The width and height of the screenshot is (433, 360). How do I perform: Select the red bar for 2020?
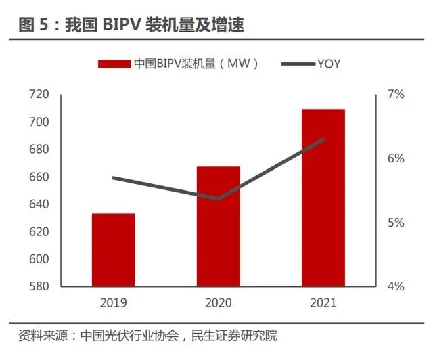pyautogui.click(x=218, y=226)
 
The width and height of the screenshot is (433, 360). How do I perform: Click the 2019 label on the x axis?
pyautogui.click(x=113, y=302)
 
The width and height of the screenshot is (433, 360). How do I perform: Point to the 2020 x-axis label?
pyautogui.click(x=219, y=302)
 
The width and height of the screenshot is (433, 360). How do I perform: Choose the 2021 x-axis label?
pyautogui.click(x=323, y=302)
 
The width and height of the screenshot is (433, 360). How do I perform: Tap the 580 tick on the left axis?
pyautogui.click(x=39, y=286)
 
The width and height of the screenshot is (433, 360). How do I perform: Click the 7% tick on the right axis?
pyautogui.click(x=396, y=95)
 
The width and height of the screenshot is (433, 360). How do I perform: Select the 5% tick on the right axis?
pyautogui.click(x=396, y=223)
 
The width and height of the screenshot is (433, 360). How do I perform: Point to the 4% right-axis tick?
pyautogui.click(x=396, y=286)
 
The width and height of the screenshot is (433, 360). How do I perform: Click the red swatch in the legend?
pyautogui.click(x=114, y=64)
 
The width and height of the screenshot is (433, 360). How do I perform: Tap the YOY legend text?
pyautogui.click(x=328, y=64)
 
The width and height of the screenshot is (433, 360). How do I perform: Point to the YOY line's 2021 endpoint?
pyautogui.click(x=323, y=140)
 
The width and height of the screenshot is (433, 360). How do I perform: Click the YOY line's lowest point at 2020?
pyautogui.click(x=219, y=198)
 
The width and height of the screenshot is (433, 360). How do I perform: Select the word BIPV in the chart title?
pyautogui.click(x=119, y=26)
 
